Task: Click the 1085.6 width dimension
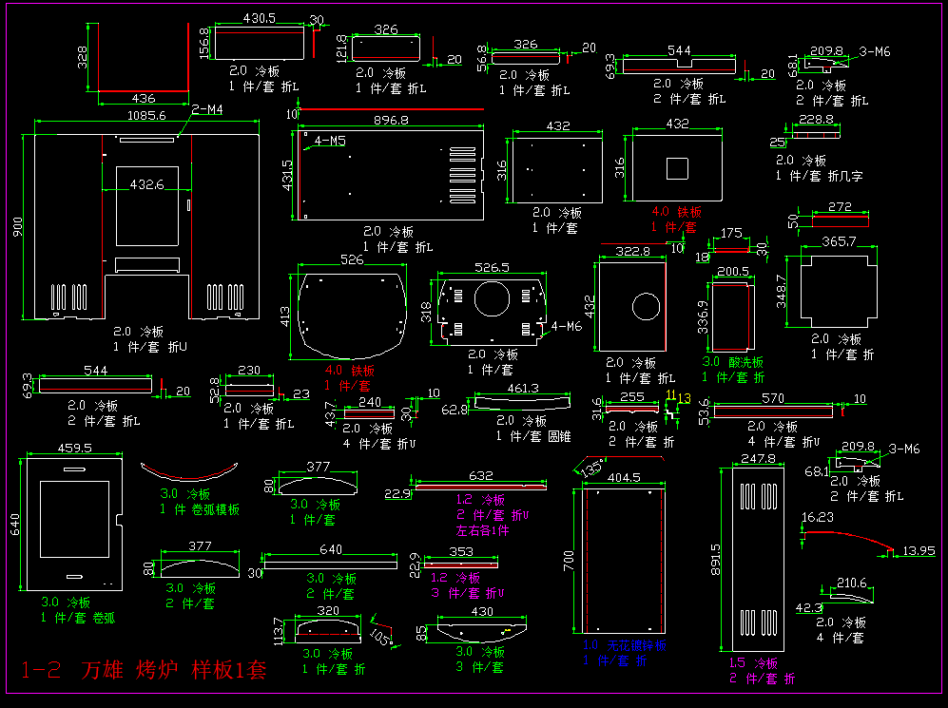click(x=146, y=116)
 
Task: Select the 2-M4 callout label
click(x=207, y=110)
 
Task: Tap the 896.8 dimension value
click(x=391, y=121)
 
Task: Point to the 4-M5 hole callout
click(x=330, y=142)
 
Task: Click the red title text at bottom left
click(x=144, y=670)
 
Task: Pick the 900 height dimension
click(x=16, y=226)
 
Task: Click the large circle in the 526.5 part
click(x=492, y=297)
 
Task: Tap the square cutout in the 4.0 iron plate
click(x=677, y=168)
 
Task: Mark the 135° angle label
click(x=590, y=469)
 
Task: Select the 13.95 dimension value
click(x=919, y=551)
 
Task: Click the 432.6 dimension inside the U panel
click(x=146, y=184)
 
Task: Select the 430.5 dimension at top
click(x=260, y=18)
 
